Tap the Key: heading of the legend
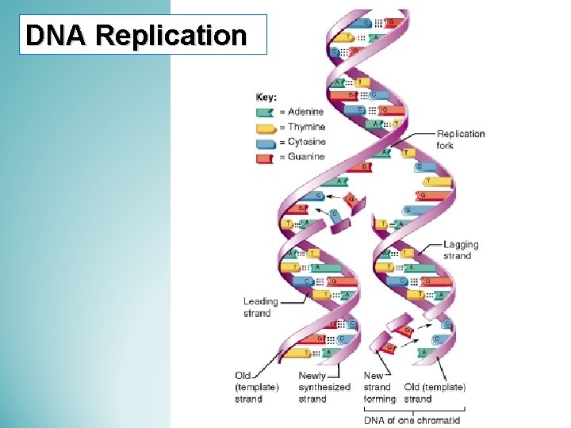click(266, 97)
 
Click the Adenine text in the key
click(306, 112)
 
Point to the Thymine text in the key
click(306, 127)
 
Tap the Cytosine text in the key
click(307, 142)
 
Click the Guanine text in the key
click(306, 157)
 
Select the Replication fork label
click(461, 139)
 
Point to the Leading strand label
click(260, 307)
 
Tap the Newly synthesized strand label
click(324, 387)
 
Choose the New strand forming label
click(379, 387)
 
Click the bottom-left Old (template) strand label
click(257, 387)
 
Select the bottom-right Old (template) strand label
click(435, 392)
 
